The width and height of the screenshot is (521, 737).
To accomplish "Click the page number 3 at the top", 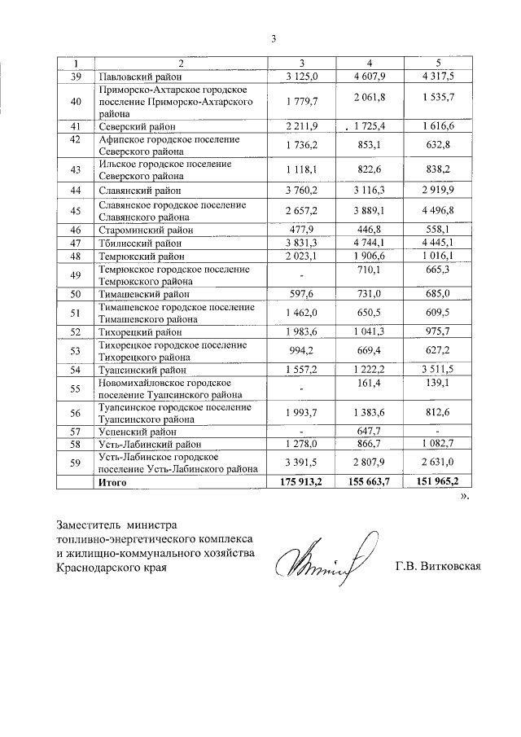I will [x=274, y=39].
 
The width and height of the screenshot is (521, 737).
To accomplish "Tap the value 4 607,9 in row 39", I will [x=368, y=77].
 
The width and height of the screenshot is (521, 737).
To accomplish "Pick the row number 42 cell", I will [x=76, y=145].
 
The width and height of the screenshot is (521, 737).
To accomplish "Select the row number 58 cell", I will [x=76, y=445].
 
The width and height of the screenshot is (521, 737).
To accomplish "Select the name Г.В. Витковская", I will [x=437, y=567].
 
